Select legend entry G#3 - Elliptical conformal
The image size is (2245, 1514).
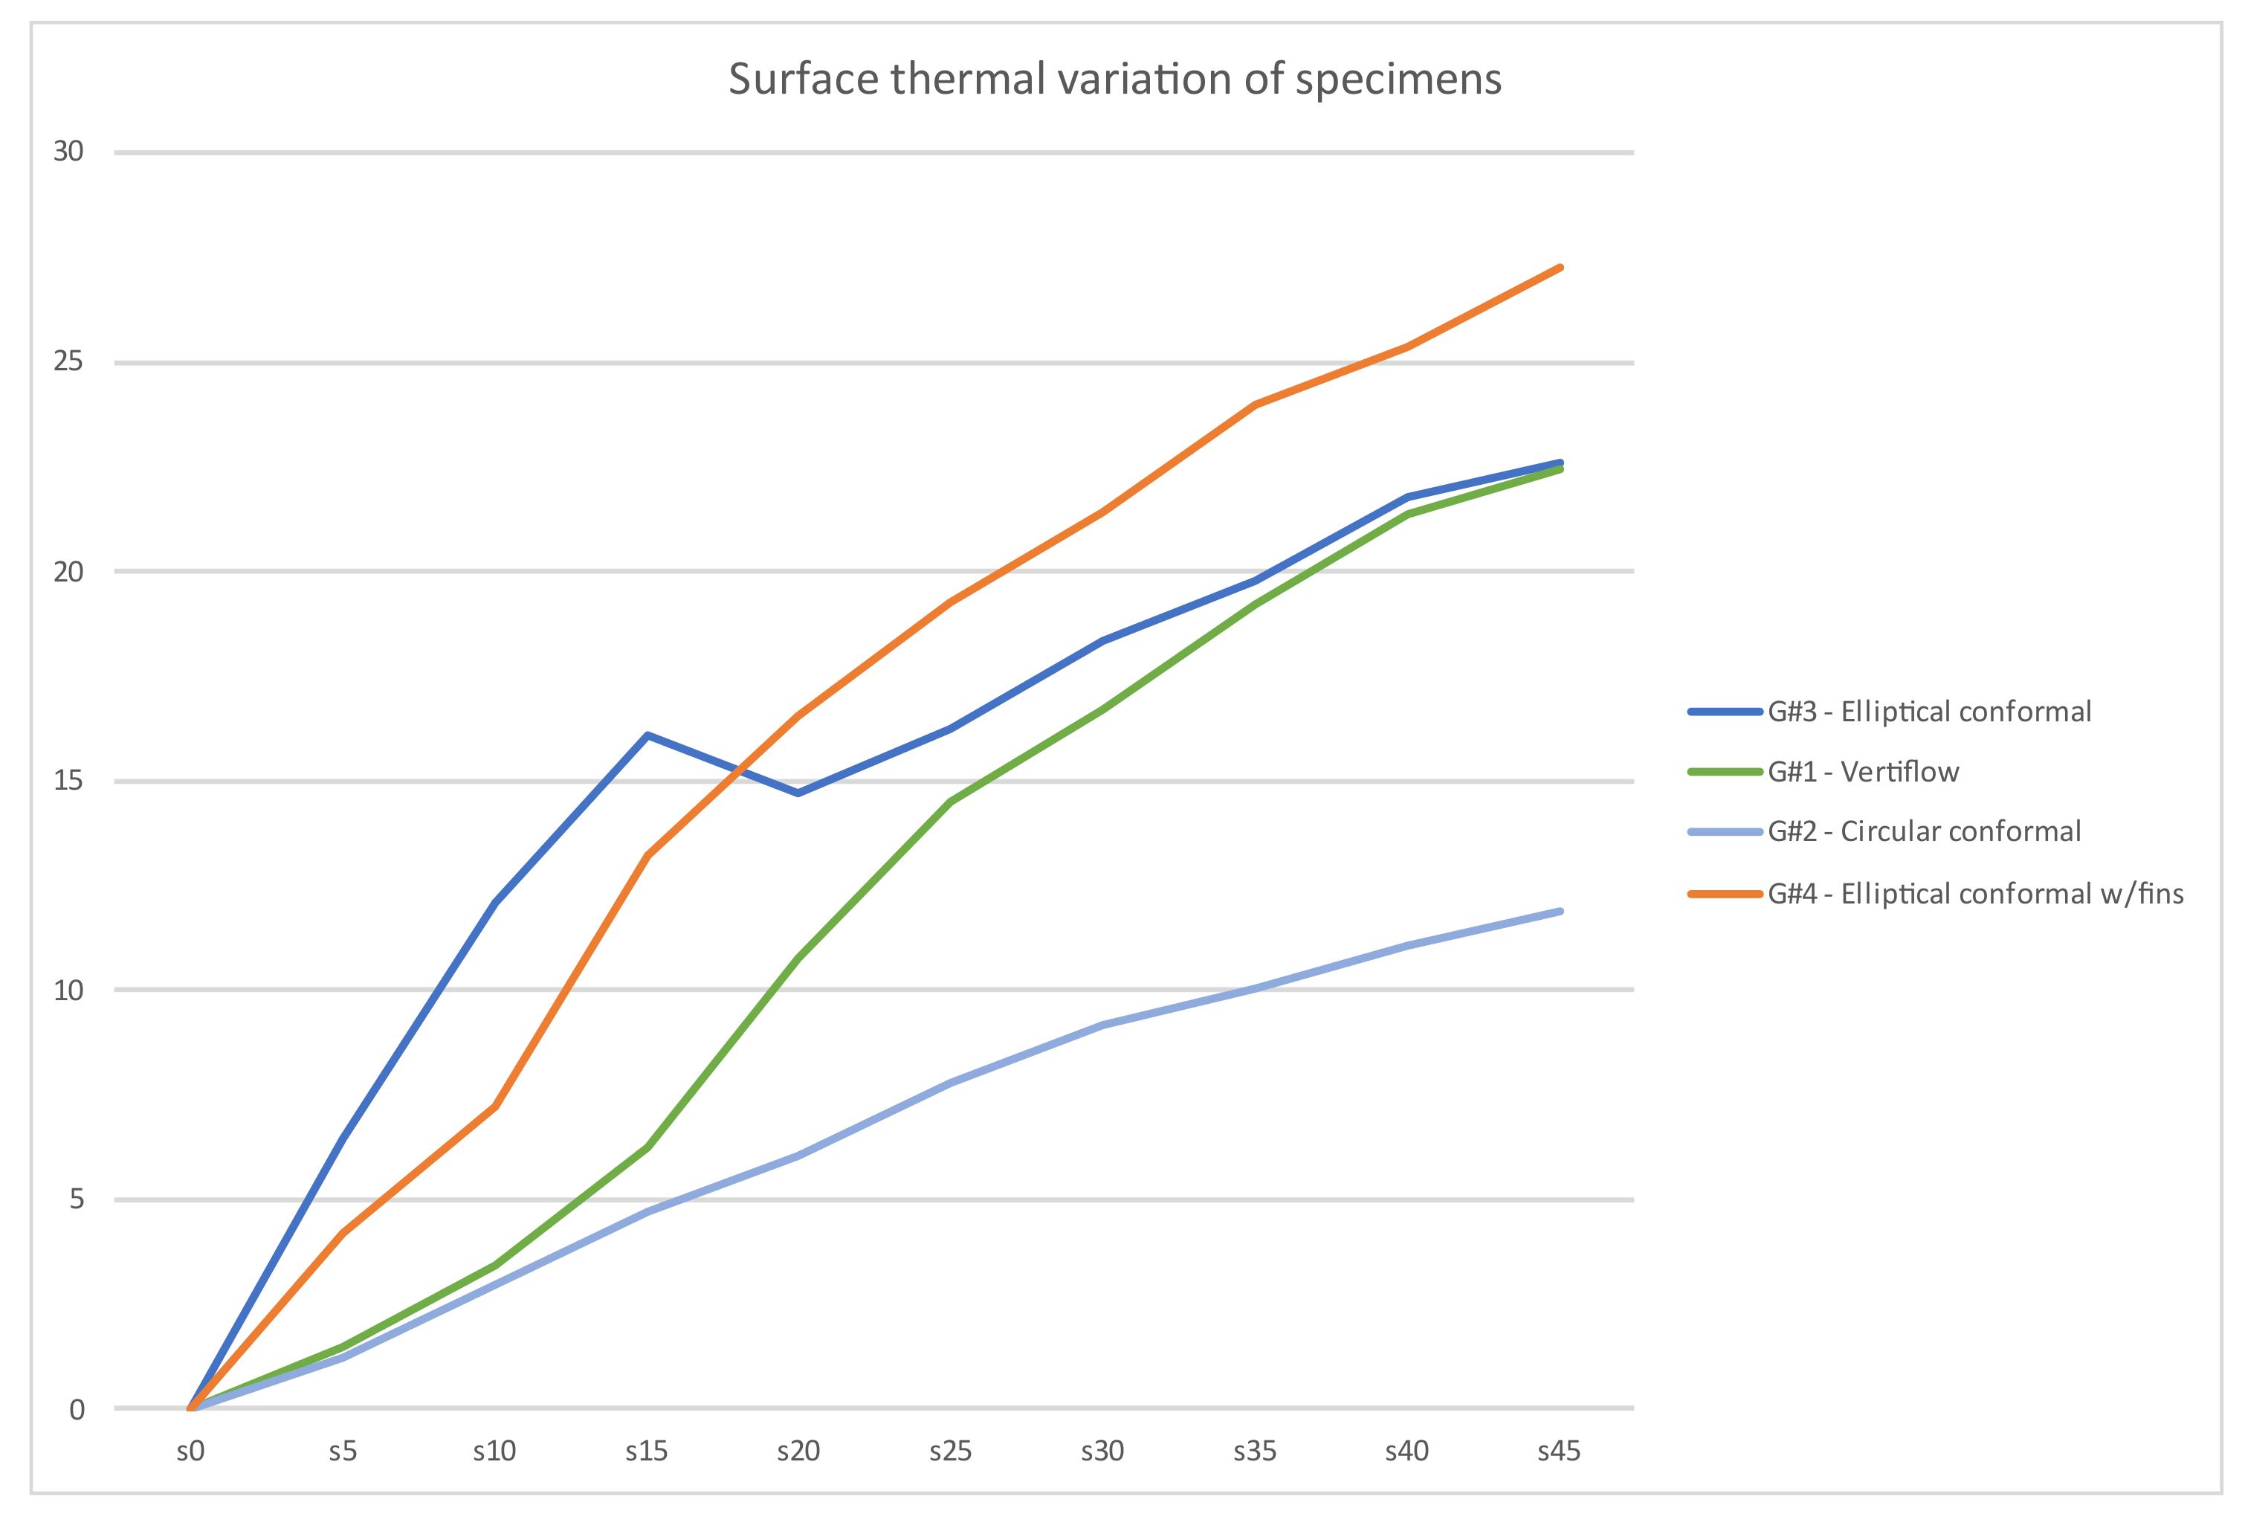tap(1928, 712)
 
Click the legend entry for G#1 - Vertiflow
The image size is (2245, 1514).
tap(1863, 771)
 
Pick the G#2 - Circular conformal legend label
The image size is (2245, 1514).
tap(1924, 831)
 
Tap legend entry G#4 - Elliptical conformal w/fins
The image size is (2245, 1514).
tap(1974, 893)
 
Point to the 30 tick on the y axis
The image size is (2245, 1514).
tap(68, 152)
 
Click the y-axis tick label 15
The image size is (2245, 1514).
tap(68, 780)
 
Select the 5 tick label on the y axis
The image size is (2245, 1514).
tap(77, 1199)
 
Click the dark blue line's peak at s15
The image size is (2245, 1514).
tap(647, 735)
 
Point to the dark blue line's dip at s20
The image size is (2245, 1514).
tap(798, 793)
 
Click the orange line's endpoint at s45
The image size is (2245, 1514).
tap(1560, 268)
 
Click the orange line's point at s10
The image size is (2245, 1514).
tap(495, 1106)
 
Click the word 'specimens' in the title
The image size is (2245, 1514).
tap(1398, 79)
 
